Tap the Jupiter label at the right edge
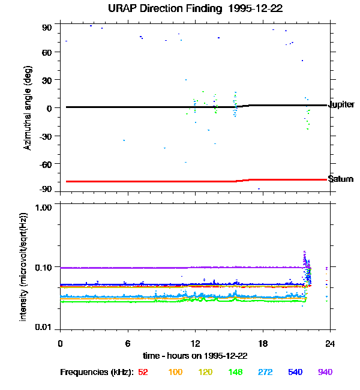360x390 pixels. [341, 104]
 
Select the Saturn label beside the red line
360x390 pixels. [340, 179]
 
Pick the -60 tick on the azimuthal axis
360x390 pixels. [46, 163]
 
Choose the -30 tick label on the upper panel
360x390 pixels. [46, 136]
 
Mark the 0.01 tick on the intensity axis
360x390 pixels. [44, 327]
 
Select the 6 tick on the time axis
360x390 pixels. [128, 343]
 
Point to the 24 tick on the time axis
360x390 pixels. [330, 343]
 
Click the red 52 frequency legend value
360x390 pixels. [143, 372]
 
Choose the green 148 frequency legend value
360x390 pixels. [236, 372]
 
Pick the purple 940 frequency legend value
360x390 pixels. [325, 372]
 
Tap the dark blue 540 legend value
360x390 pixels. [295, 372]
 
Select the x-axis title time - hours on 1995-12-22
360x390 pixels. [195, 356]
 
